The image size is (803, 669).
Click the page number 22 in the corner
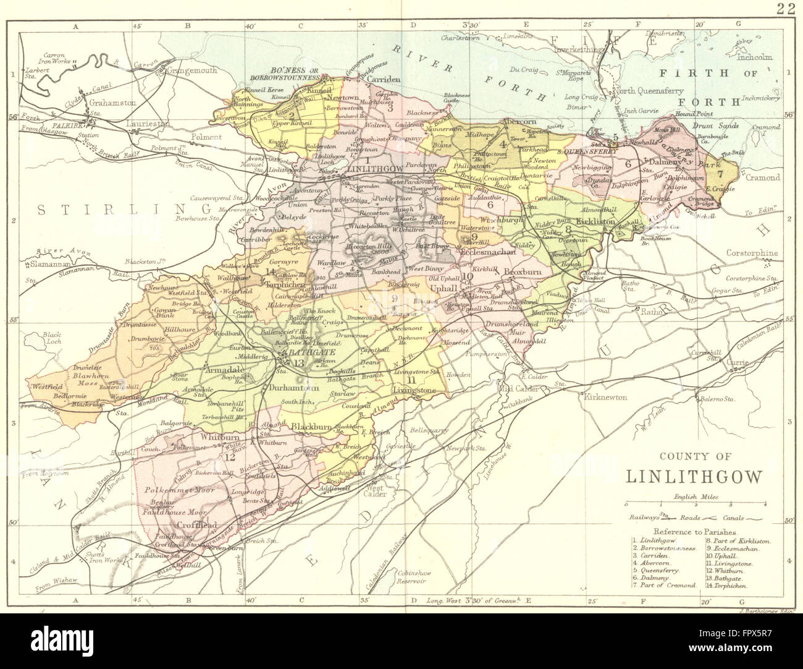coord(786,8)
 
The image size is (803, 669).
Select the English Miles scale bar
coord(695,505)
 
